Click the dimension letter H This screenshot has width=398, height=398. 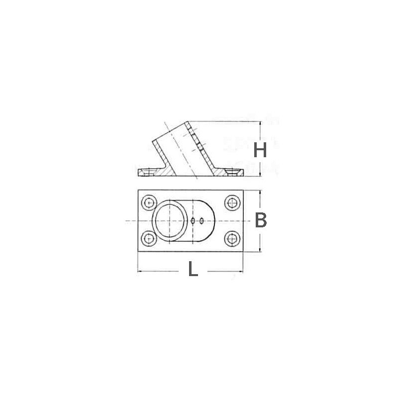point(261,150)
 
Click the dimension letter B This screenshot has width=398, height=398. point(261,220)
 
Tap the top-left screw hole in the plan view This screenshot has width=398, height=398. point(149,203)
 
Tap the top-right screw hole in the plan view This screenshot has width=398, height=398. point(230,203)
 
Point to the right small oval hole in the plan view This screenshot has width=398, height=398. point(201,220)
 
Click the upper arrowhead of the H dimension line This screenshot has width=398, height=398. point(261,124)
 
